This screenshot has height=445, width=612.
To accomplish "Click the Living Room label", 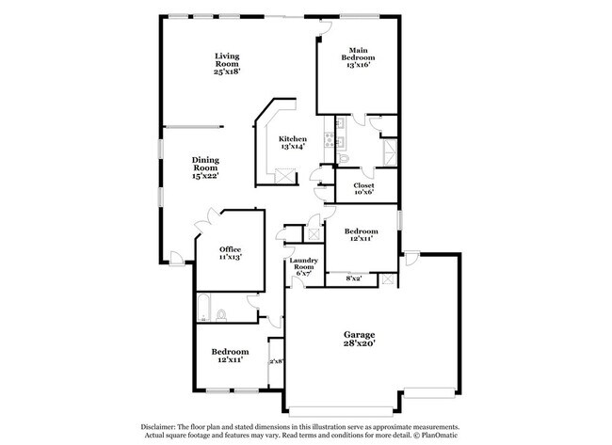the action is click(227, 64).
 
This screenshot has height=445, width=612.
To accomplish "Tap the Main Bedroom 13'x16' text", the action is click(358, 57).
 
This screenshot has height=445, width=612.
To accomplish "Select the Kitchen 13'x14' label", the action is click(292, 143).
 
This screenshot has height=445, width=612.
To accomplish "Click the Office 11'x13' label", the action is click(230, 253).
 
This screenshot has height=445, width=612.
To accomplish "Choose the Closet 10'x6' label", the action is click(363, 188).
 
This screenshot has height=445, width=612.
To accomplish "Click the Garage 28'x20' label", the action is click(359, 339).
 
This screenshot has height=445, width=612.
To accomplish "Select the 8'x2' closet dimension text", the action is click(353, 278).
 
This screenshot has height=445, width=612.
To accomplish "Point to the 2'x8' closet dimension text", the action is click(276, 361).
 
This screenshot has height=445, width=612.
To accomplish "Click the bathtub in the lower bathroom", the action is click(203, 308).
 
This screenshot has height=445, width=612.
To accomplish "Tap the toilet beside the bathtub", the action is click(221, 315).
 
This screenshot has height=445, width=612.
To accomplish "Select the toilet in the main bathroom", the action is click(344, 158).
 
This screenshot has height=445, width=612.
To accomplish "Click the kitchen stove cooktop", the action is click(329, 139).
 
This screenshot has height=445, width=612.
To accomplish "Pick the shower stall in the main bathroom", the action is click(390, 152).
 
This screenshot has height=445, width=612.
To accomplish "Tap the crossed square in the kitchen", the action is click(284, 176).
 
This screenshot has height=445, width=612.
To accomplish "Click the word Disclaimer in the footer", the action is click(158, 427).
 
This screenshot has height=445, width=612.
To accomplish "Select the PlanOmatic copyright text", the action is click(436, 435).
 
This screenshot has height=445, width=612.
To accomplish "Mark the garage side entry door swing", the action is click(411, 258).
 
